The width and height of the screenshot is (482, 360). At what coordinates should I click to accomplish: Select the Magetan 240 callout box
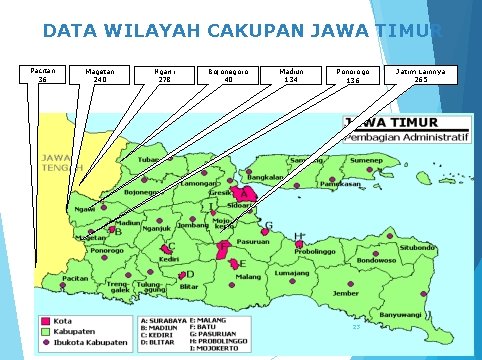(99, 76)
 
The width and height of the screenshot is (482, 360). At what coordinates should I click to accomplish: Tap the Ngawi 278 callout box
(165, 76)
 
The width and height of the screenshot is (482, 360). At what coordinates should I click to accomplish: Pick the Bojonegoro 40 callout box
(229, 76)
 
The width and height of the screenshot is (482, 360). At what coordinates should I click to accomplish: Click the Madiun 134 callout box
(292, 76)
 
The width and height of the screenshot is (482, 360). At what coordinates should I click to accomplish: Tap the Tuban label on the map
(148, 160)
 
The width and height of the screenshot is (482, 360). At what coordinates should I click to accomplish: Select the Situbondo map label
(418, 245)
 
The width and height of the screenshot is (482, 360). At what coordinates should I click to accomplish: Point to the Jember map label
(347, 293)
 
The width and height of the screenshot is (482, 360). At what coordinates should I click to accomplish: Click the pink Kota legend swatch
(45, 322)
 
